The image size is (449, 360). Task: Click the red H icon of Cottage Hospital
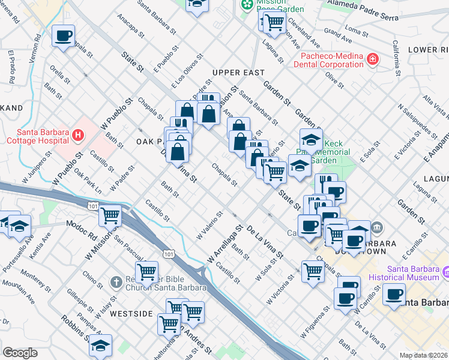coord(77,136)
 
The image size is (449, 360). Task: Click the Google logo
coord(20,353)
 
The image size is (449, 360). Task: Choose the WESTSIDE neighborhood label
coord(131,314)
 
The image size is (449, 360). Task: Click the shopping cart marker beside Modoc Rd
coord(110,215)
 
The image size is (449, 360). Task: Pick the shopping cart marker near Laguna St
coord(274,22)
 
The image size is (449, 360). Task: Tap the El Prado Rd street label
coord(11,65)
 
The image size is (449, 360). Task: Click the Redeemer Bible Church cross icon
coord(117,281)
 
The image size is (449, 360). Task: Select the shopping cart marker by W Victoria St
coord(313,271)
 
